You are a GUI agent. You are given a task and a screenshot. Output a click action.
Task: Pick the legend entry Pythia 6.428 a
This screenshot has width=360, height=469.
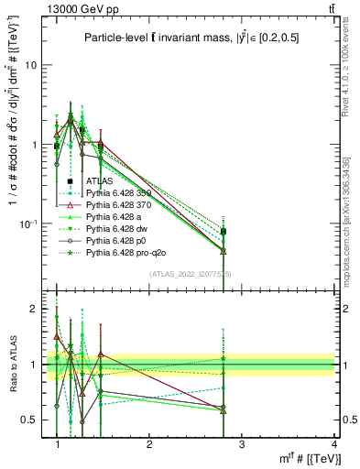click(x=119, y=217)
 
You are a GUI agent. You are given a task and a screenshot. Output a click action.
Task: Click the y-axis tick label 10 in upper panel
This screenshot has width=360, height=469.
click(x=31, y=65)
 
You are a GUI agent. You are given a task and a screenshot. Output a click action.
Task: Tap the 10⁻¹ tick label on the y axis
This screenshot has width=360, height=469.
click(x=29, y=224)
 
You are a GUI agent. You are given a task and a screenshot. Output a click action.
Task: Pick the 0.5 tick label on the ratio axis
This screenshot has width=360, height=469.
click(x=29, y=420)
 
